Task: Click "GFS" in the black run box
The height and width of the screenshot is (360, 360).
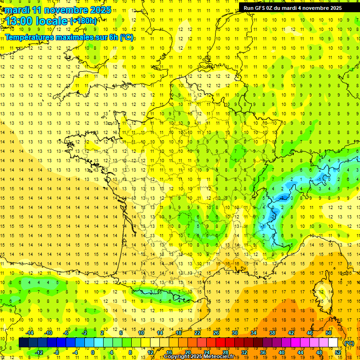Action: pyautogui.click(x=262, y=8)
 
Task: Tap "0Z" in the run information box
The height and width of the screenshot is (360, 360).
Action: pyautogui.click(x=274, y=8)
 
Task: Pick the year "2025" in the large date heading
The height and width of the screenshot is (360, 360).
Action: pyautogui.click(x=101, y=10)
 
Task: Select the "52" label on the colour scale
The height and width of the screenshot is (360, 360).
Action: pyautogui.click(x=337, y=352)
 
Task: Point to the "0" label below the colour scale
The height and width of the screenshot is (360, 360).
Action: pyautogui.click(x=93, y=352)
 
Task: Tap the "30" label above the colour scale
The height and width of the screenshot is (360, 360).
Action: pyautogui.click(x=235, y=333)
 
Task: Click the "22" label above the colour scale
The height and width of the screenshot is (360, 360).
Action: pyautogui.click(x=198, y=333)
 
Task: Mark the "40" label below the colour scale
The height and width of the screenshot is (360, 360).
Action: pyautogui.click(x=281, y=352)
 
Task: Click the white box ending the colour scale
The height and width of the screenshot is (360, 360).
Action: pyautogui.click(x=333, y=343)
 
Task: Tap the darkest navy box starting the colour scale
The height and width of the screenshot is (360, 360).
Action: pyautogui.click(x=23, y=343)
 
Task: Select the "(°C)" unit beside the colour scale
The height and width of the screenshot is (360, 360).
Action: pyautogui.click(x=349, y=343)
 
